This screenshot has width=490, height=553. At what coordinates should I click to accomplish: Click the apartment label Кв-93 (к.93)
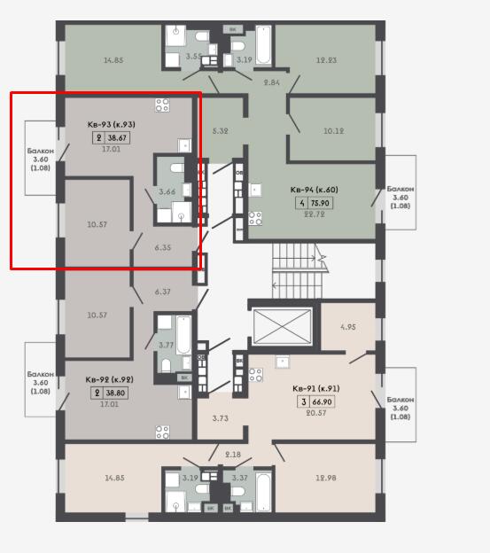111,124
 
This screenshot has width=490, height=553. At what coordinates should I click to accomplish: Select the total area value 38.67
117,137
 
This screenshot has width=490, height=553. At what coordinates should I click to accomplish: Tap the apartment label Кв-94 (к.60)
314,190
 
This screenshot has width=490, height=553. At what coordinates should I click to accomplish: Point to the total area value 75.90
320,203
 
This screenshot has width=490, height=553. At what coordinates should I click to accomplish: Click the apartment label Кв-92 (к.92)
110,380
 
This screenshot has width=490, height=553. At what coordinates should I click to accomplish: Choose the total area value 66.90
322,402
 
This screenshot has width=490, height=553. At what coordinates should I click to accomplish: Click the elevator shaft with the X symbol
283,326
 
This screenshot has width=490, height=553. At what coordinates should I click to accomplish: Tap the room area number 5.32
221,131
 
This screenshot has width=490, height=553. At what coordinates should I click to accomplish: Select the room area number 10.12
333,131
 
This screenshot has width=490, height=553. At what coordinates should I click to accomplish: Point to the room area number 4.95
348,327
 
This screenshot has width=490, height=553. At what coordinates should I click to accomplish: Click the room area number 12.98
326,478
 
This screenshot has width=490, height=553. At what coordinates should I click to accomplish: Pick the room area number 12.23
326,60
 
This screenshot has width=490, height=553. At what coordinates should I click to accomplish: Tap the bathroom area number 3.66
167,191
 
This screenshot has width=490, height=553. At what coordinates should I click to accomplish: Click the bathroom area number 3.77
166,345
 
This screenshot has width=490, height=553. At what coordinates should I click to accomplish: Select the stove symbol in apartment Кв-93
162,105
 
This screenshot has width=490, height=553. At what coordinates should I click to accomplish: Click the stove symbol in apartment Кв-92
162,432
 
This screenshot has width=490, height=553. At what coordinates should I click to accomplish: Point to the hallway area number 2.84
272,82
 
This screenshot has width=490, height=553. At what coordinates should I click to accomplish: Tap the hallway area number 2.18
233,455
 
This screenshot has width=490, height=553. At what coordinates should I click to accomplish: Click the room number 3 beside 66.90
304,401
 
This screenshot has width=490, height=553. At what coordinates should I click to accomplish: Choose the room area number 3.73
221,418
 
